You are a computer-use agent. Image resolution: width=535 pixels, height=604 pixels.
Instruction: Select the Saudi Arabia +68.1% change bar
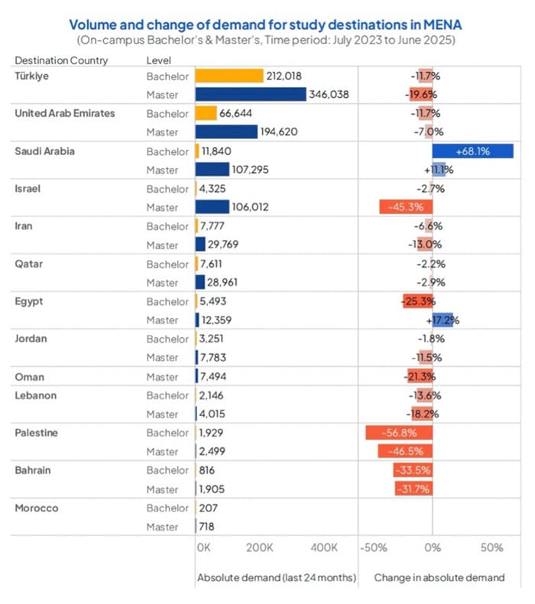(x=472, y=151)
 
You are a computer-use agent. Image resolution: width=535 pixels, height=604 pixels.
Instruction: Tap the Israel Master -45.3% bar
(x=406, y=207)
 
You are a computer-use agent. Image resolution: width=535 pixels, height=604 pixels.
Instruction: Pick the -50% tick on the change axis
(x=375, y=548)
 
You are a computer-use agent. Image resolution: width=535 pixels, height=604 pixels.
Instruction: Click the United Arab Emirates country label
(x=65, y=113)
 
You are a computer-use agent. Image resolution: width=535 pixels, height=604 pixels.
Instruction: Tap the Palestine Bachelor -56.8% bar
(x=399, y=433)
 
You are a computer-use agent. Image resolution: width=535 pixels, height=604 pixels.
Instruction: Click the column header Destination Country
(x=61, y=60)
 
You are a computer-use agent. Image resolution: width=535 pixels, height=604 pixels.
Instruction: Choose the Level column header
(x=158, y=60)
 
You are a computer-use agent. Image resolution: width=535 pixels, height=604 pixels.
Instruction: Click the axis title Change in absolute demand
(x=439, y=578)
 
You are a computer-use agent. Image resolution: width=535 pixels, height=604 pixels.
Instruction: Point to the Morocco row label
(x=37, y=508)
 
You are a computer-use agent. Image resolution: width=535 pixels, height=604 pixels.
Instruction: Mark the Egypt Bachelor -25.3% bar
(x=417, y=301)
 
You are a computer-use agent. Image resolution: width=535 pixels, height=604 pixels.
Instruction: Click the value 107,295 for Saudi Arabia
(x=256, y=170)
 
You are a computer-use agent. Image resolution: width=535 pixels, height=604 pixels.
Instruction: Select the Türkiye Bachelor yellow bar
(x=229, y=76)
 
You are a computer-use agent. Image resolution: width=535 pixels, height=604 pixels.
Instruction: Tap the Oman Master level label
(x=162, y=377)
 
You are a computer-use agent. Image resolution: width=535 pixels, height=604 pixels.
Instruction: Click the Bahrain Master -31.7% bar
(x=413, y=489)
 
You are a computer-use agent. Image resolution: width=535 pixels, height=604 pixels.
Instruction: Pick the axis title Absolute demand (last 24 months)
(x=277, y=578)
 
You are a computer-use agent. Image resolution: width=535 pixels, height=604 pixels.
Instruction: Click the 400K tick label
(x=324, y=548)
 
